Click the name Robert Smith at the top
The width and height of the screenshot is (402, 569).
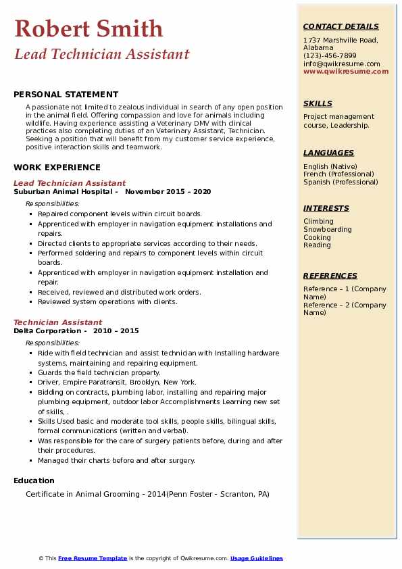[89, 28]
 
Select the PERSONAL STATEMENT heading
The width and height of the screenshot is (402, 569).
[66, 95]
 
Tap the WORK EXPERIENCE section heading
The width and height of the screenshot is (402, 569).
[57, 168]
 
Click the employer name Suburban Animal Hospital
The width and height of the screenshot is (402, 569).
[66, 192]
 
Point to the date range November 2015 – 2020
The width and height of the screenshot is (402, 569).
[168, 192]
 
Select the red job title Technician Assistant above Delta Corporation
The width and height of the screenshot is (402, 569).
[58, 322]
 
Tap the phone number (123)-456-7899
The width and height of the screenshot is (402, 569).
[330, 55]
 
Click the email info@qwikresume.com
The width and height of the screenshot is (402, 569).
[341, 64]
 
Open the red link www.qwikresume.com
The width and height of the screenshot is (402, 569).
[346, 71]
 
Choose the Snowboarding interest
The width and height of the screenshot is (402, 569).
[327, 229]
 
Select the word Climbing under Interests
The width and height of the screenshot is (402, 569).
[318, 221]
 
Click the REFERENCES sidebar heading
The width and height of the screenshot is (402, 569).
[330, 276]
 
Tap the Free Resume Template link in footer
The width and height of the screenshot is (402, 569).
[93, 558]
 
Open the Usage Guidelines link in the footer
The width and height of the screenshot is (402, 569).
[256, 558]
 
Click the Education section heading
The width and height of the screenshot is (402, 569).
[34, 481]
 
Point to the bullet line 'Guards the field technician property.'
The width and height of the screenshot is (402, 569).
[99, 372]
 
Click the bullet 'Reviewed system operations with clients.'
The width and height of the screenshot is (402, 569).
[107, 302]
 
